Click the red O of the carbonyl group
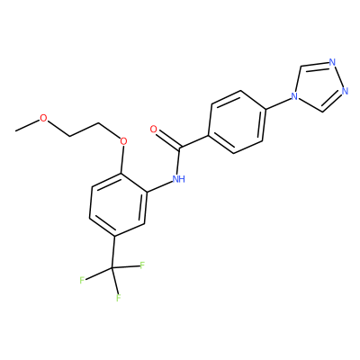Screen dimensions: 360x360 [x=154, y=130]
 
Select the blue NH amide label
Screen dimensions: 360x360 [x=179, y=179]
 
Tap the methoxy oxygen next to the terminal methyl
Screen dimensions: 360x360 [x=44, y=118]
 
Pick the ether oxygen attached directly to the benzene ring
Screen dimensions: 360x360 [x=123, y=140]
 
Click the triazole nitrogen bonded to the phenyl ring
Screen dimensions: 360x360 [x=294, y=96]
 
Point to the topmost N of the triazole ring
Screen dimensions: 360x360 [x=332, y=62]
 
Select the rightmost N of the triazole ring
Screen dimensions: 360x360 [x=345, y=91]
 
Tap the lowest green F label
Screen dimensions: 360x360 [x=119, y=298]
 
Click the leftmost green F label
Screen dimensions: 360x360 [x=82, y=281]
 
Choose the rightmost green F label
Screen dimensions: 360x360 [x=142, y=265]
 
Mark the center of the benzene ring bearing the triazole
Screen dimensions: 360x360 [x=237, y=121]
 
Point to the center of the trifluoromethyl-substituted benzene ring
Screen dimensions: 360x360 [x=118, y=205]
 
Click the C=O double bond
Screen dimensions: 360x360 [x=168, y=139]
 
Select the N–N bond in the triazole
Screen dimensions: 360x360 [x=338, y=76]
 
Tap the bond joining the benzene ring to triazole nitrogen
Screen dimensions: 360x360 [x=279, y=103]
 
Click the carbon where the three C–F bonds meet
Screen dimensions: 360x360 [x=112, y=267]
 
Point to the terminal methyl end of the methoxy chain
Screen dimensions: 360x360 [x=15, y=130]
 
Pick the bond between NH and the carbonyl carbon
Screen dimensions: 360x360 [x=179, y=161]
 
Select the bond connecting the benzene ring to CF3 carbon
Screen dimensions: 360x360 [x=113, y=252]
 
